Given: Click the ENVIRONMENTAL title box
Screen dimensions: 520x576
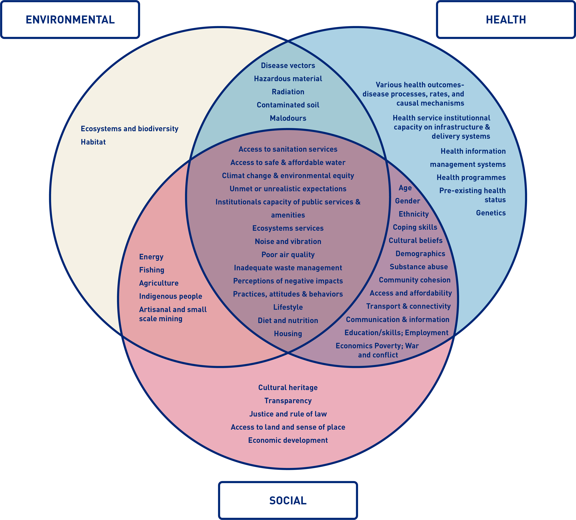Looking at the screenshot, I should click(x=70, y=19).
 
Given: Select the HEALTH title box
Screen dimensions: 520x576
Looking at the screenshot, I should click(x=506, y=19).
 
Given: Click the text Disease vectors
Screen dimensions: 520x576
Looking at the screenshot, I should click(x=288, y=65).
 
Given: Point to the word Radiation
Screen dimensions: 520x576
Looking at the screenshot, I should click(x=288, y=92).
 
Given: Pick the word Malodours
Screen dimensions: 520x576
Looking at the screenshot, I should click(x=288, y=118).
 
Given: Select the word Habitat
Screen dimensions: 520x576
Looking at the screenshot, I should click(x=93, y=142).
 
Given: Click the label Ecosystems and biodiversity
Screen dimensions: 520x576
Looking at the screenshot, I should click(x=129, y=129).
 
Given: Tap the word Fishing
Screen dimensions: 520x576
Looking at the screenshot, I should click(x=152, y=270).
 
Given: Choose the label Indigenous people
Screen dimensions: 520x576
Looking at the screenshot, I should click(x=171, y=296).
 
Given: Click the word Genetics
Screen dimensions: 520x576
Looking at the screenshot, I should click(x=491, y=213).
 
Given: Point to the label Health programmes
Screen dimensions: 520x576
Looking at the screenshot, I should click(x=471, y=177).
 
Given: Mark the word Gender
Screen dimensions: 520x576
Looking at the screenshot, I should click(x=407, y=201).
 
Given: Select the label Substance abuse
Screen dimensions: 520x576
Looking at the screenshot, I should click(x=419, y=267).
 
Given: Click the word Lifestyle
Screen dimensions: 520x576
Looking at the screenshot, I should click(x=288, y=307).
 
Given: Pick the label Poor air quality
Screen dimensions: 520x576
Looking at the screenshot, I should click(x=288, y=255).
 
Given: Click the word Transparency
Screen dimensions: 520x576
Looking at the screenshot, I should click(x=288, y=401).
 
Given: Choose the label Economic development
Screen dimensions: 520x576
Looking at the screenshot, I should click(x=288, y=440).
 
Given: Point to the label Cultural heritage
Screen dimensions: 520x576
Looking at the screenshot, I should click(x=288, y=387).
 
